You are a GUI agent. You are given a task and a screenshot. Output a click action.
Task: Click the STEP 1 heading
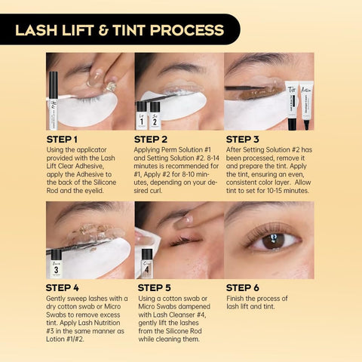pos(62,139)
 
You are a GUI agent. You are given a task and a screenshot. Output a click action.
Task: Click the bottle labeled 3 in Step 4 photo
pos(56,264)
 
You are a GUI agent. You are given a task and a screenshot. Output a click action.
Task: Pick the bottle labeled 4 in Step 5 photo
pos(146,264)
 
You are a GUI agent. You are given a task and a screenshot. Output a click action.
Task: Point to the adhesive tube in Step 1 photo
pos(54,98)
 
